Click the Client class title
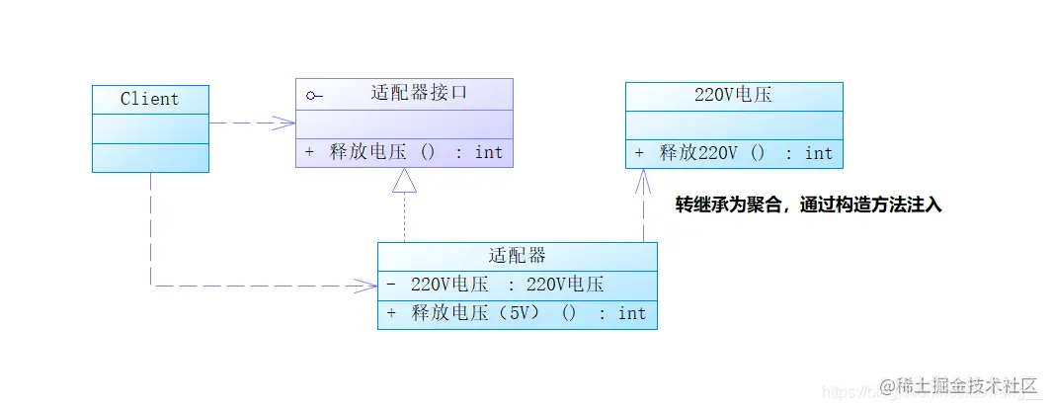point(150,99)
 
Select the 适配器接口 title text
point(418,94)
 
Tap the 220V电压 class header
point(733,96)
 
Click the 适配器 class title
point(517,256)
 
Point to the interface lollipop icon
point(314,96)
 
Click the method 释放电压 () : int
point(404,152)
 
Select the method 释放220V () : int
point(734,153)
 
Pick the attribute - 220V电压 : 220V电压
point(494,285)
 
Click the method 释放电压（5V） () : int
point(517,313)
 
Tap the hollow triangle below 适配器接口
point(404,180)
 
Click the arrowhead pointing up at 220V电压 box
point(643,179)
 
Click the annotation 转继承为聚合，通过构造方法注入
point(808,205)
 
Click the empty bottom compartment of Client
point(150,157)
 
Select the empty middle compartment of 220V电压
point(733,125)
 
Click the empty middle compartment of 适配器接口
point(404,123)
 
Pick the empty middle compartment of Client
point(150,128)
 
